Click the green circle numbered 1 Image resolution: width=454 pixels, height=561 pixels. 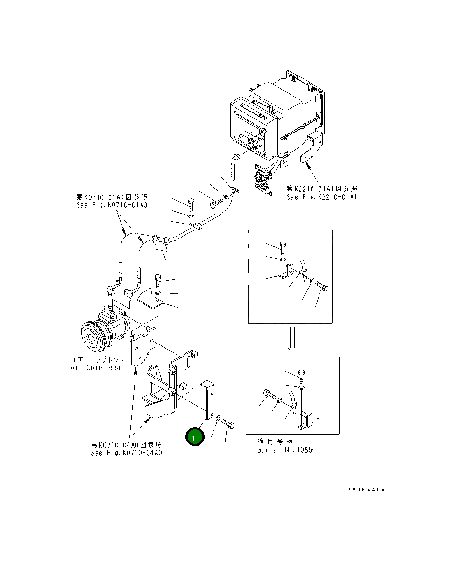click(195, 437)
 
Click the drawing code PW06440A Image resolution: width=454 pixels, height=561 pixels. click(366, 490)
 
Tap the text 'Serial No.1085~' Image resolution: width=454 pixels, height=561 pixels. click(289, 450)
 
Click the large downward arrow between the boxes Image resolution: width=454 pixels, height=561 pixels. click(291, 339)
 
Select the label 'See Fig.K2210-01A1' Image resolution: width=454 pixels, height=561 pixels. click(322, 197)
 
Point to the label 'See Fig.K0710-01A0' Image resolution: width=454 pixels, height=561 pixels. click(112, 205)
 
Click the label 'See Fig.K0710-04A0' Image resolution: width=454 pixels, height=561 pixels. click(127, 453)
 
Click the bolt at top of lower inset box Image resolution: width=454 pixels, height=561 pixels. click(301, 375)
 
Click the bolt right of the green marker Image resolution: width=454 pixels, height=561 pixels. click(228, 424)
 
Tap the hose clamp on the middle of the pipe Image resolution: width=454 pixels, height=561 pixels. click(196, 226)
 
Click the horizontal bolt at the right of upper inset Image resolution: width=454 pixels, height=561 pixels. click(323, 285)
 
